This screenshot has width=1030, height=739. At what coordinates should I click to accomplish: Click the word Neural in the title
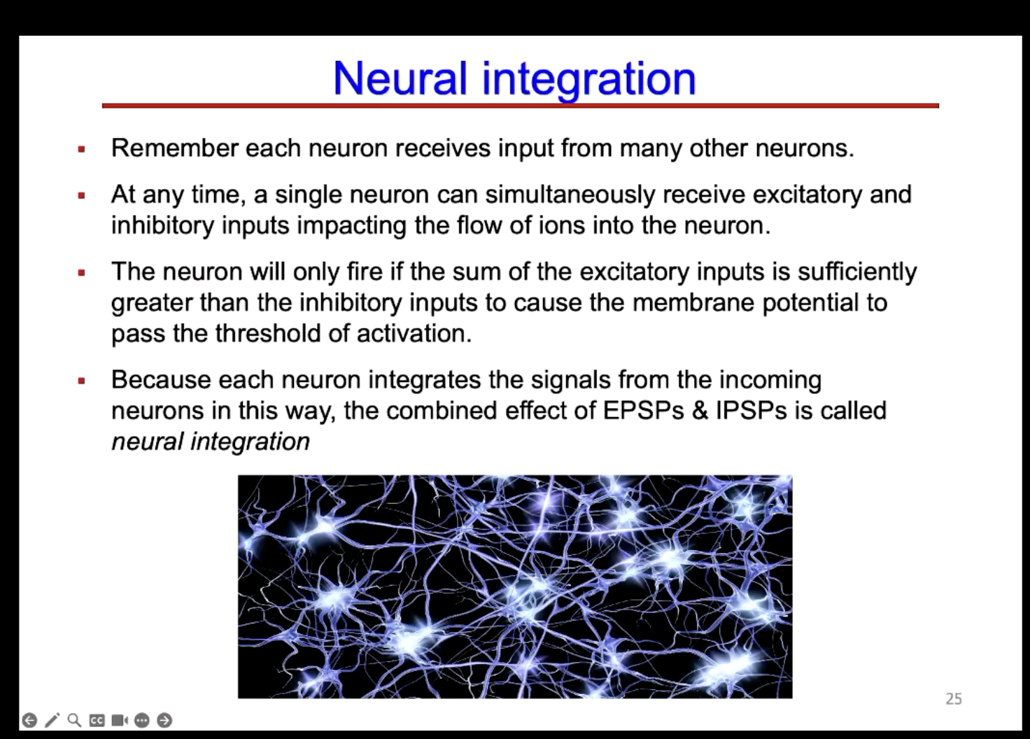[400, 78]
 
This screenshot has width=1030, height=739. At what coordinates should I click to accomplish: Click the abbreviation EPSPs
[643, 411]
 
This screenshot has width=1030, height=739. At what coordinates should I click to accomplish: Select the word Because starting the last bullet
[161, 380]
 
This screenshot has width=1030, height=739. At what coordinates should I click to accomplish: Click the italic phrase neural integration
[211, 442]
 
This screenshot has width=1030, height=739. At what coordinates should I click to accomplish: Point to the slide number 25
[953, 698]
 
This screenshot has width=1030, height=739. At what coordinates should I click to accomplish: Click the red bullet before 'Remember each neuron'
[82, 149]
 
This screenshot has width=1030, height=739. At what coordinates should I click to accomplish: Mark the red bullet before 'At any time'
[82, 195]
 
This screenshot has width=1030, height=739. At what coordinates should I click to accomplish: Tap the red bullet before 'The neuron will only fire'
[82, 272]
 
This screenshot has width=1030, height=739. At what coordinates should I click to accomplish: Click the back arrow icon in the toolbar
[29, 720]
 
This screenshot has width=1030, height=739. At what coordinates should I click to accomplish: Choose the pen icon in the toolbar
[52, 720]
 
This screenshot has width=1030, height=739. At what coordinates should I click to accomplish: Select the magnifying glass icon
[74, 720]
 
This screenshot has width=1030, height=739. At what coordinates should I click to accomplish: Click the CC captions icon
[97, 720]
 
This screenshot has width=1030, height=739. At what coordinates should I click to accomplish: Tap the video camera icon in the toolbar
[120, 720]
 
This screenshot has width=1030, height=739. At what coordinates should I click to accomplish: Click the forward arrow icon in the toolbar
[164, 720]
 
